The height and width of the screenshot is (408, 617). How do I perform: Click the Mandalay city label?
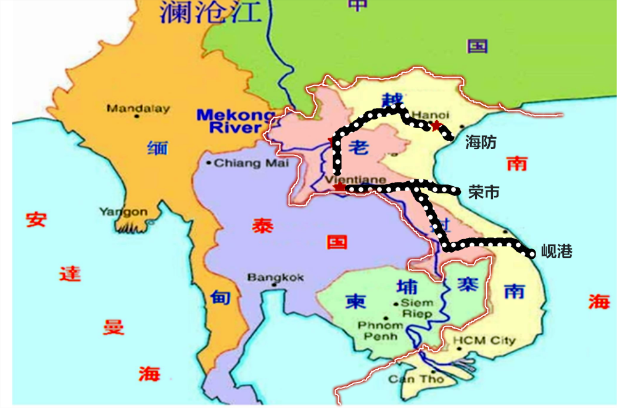point(138,108)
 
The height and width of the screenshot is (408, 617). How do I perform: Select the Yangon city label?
point(123,211)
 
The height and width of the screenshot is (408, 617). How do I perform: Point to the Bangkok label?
point(275,277)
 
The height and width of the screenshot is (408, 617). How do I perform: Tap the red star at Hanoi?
point(436,126)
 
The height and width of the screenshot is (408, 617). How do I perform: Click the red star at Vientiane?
point(338,187)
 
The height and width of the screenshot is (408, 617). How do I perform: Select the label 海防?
point(481,142)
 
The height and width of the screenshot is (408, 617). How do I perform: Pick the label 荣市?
point(484,192)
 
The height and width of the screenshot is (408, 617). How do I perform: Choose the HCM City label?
point(493,340)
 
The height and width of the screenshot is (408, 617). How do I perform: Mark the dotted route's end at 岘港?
point(531,253)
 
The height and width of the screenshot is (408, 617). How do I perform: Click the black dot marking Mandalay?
point(136,116)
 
